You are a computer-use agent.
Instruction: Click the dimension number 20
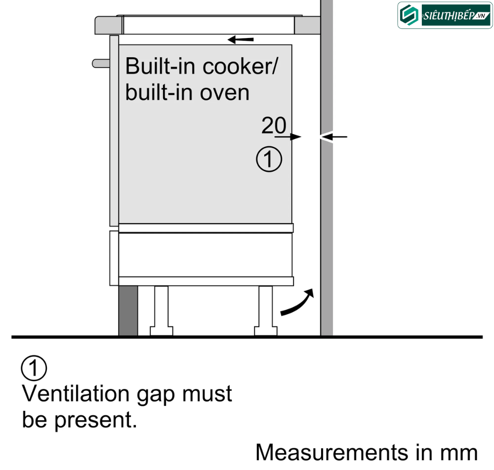coord(274,125)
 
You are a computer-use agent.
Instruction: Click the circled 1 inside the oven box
coord(269,160)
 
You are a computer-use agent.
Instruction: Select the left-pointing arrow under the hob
coord(241,39)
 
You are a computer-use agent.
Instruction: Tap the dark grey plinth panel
coord(128,311)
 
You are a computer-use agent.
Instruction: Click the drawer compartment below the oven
coord(206,255)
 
